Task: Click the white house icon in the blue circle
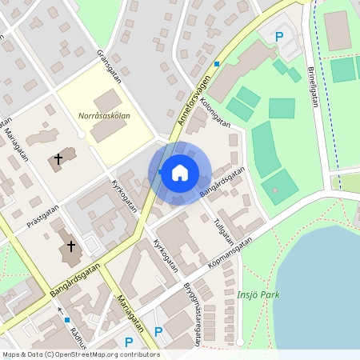click(x=180, y=172)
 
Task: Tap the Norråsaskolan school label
click(x=105, y=116)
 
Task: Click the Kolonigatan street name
click(x=215, y=113)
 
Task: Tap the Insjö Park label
click(x=258, y=294)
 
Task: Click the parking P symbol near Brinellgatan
click(x=279, y=36)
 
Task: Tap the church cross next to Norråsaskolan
click(x=58, y=161)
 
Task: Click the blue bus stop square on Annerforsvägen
click(x=217, y=63)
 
